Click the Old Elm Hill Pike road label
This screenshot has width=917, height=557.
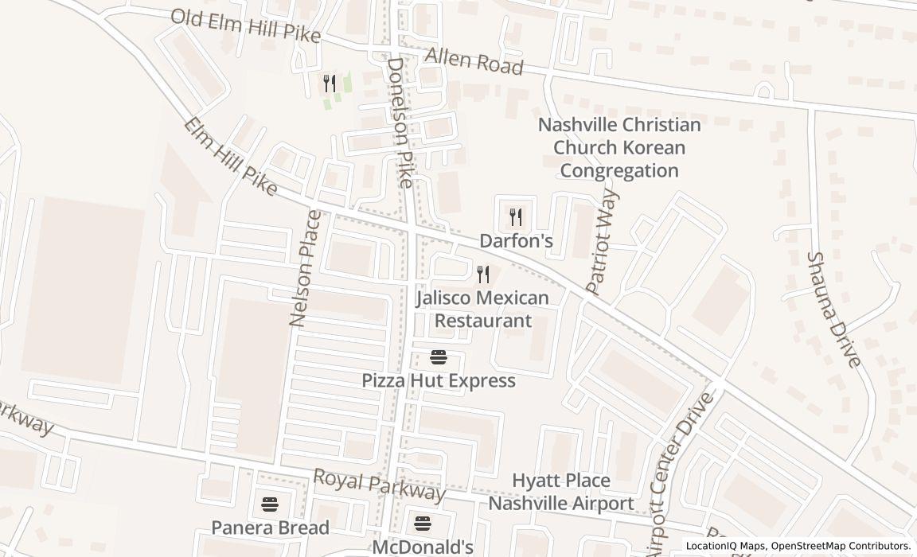pyautogui.click(x=245, y=26)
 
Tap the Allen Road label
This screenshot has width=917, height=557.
pyautogui.click(x=474, y=61)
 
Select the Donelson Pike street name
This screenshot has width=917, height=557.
pyautogui.click(x=400, y=123)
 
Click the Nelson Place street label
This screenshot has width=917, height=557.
pyautogui.click(x=306, y=269)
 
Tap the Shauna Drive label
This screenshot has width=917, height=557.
pyautogui.click(x=833, y=310)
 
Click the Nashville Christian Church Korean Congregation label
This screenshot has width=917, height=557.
pyautogui.click(x=619, y=148)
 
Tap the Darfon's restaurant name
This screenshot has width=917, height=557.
pyautogui.click(x=516, y=240)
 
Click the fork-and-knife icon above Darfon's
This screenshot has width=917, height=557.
pyautogui.click(x=516, y=216)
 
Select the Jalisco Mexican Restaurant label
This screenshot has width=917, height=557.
pyautogui.click(x=482, y=310)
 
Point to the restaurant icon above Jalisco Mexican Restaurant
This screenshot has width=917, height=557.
pyautogui.click(x=483, y=275)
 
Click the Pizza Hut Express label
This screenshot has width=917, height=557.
pyautogui.click(x=439, y=380)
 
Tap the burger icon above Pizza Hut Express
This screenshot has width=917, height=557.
pyautogui.click(x=439, y=356)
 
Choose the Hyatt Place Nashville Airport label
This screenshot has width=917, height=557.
pyautogui.click(x=561, y=492)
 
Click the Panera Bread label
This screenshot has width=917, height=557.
pyautogui.click(x=270, y=528)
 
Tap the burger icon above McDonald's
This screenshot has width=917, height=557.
pyautogui.click(x=423, y=523)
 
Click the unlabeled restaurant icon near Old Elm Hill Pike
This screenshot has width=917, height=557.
pyautogui.click(x=330, y=83)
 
